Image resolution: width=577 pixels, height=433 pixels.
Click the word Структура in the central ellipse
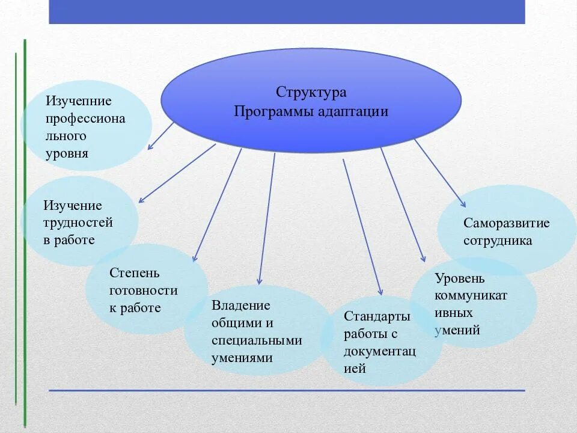311,93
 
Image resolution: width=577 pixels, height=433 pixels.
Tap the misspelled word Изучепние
79,101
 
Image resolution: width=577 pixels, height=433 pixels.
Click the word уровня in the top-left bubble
67,153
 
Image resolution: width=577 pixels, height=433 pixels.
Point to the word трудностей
78,223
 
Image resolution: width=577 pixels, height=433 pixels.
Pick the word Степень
135,273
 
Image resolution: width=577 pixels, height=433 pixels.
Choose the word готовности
143,290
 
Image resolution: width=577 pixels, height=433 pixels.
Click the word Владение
240,306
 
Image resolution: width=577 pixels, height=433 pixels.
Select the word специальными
257,340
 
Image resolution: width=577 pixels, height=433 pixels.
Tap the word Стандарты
377,316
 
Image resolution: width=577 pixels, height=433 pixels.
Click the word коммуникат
471,295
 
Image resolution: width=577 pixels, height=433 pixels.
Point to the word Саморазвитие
506,223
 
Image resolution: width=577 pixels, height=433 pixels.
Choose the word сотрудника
498,241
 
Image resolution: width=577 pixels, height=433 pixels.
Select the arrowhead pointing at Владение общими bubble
259,281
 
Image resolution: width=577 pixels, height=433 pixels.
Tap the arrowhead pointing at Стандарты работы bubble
380,293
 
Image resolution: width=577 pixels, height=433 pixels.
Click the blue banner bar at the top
287,11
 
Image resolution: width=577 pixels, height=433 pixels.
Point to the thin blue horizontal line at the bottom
287,390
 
